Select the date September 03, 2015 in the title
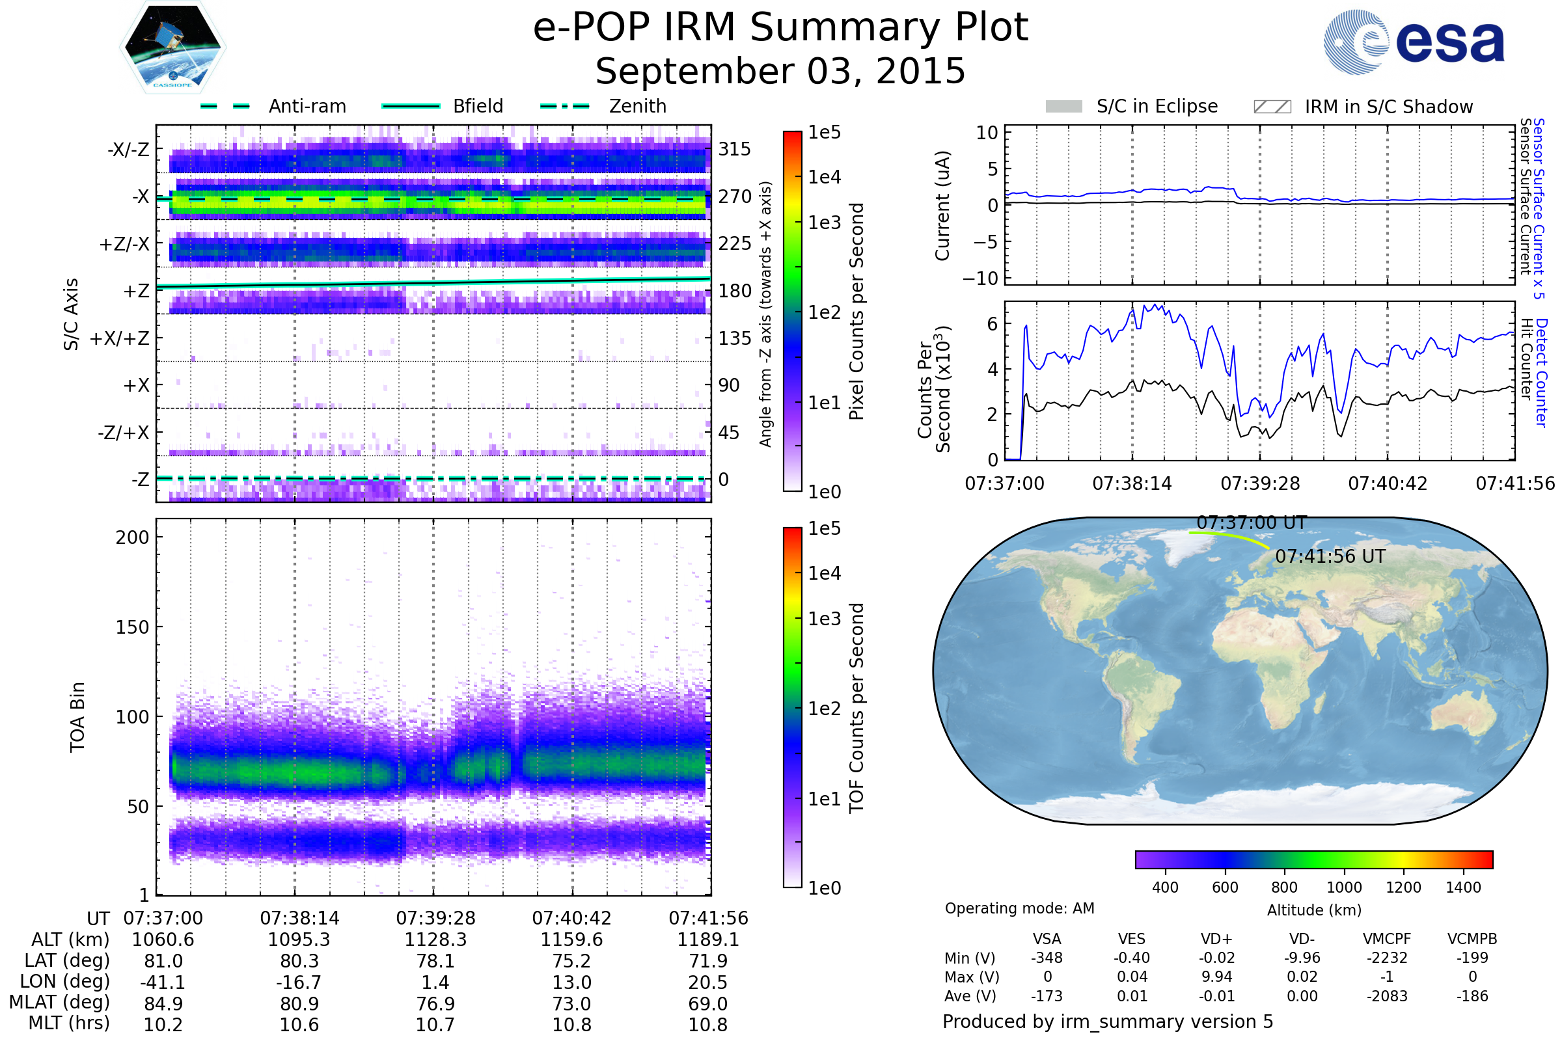[780, 72]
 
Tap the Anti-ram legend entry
[307, 106]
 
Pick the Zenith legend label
[638, 106]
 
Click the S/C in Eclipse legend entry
[1157, 106]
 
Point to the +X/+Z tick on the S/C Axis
[120, 338]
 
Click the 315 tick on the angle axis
[735, 150]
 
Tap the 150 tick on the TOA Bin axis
[132, 627]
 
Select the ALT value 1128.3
[435, 940]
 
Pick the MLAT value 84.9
[163, 1004]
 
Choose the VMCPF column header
[1387, 940]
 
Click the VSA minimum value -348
[1047, 958]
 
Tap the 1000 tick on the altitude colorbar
[1344, 887]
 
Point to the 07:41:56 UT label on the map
[1330, 556]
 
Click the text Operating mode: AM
[1019, 908]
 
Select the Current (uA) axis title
[942, 206]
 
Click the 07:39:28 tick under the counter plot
[1260, 483]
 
